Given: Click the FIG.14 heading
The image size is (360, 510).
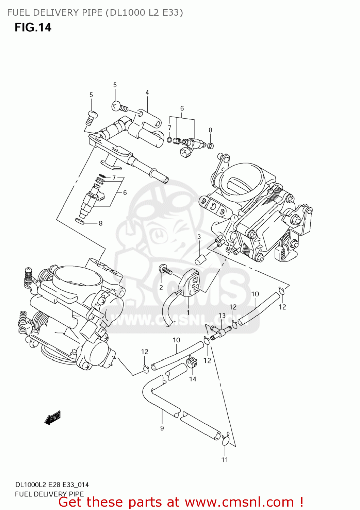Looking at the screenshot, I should click(x=33, y=27).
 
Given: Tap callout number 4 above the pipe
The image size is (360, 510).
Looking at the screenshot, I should click(x=147, y=92).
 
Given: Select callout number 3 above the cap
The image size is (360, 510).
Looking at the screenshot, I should click(x=199, y=237).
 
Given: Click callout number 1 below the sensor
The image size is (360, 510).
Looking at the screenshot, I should click(x=188, y=312).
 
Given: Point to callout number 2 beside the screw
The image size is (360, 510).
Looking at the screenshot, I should click(x=161, y=288).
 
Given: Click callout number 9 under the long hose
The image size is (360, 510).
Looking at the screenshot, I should click(x=162, y=428).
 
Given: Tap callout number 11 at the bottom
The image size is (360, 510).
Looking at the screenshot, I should click(x=225, y=460).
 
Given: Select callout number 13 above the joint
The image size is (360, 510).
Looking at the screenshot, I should click(x=222, y=316).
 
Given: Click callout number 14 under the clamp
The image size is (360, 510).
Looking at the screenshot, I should click(x=193, y=379).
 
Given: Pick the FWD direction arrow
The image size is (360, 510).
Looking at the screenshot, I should click(x=53, y=418).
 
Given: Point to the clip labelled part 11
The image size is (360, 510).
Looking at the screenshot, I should click(x=226, y=441).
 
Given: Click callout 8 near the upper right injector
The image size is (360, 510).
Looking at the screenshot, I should click(x=210, y=130).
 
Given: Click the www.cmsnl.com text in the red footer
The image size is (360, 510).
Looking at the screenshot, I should click(x=239, y=502).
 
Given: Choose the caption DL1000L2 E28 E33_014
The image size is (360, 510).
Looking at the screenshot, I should click(x=52, y=485).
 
